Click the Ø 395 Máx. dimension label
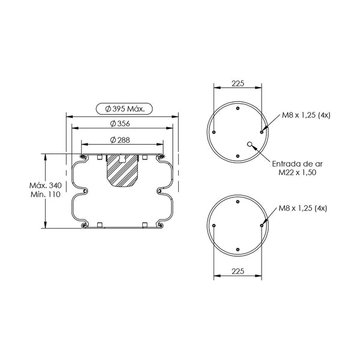pyautogui.click(x=125, y=109)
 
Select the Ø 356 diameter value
pyautogui.click(x=120, y=124)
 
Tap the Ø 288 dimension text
pyautogui.click(x=120, y=140)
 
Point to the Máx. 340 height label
pyautogui.click(x=46, y=185)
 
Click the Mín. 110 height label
pyautogui.click(x=46, y=194)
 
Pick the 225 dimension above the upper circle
pyautogui.click(x=238, y=83)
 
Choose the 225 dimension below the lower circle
pyautogui.click(x=238, y=271)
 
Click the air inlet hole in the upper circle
pyautogui.click(x=250, y=144)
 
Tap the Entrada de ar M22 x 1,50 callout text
pyautogui.click(x=298, y=168)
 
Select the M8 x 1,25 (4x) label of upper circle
pyautogui.click(x=306, y=115)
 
